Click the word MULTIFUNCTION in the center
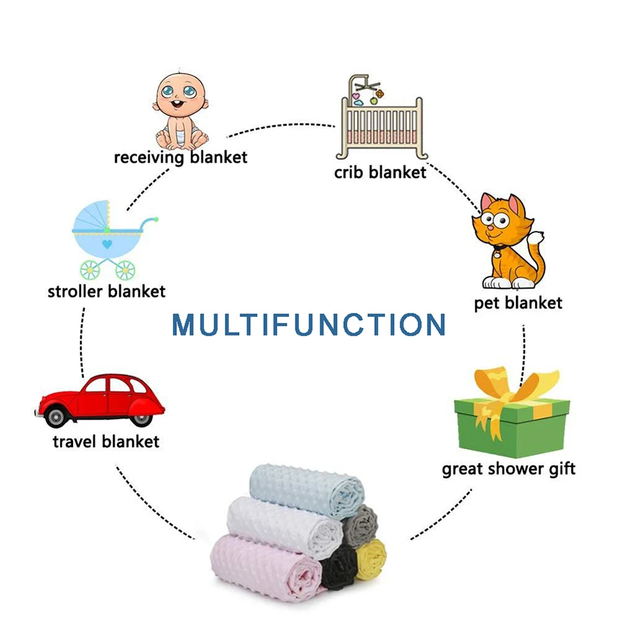coord(309,324)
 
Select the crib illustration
coord(381,117)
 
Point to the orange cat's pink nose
coord(490,228)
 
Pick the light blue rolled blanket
coord(307,490)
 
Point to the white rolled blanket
coord(285,526)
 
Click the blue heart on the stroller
coord(107,245)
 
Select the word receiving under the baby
coord(149,158)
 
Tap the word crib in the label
coord(349,172)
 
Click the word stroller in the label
coord(75,292)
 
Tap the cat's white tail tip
coord(536,238)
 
